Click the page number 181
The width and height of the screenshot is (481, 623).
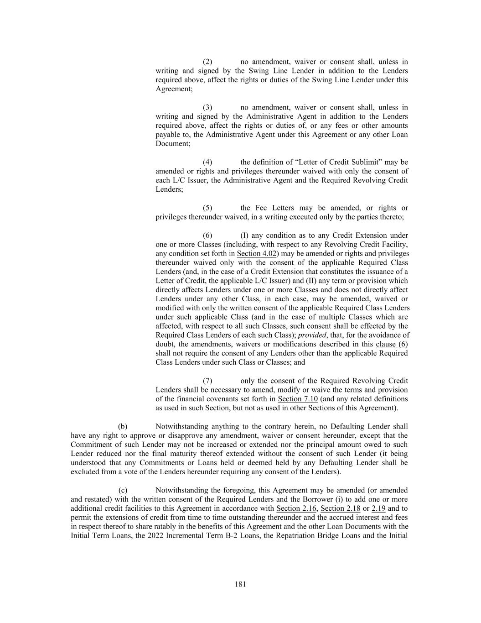pos(240,584)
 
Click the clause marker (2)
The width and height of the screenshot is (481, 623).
pos(207,62)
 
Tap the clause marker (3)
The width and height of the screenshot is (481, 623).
pos(207,107)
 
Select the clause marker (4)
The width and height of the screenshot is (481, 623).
pos(207,162)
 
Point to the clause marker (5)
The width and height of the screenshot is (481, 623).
pos(207,208)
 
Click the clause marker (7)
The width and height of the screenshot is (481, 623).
pos(207,381)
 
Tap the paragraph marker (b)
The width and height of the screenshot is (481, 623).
pos(123,426)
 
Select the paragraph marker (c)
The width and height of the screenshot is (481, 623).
pos(123,490)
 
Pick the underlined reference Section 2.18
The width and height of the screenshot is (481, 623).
pos(341,508)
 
